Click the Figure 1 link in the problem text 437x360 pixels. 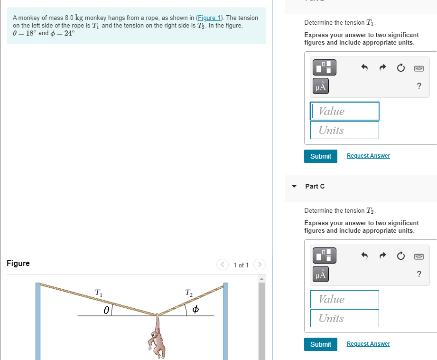tap(209, 18)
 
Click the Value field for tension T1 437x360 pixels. tap(344, 111)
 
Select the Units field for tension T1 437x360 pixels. tap(344, 130)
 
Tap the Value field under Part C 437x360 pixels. tap(344, 299)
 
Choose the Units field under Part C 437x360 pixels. tap(344, 318)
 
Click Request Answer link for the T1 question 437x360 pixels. tap(368, 156)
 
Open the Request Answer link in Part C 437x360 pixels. tap(368, 344)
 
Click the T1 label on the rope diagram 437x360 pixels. tap(98, 293)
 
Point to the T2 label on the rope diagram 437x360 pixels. tap(188, 293)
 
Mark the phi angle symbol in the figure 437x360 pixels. tap(195, 310)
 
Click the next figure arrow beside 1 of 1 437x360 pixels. tap(260, 264)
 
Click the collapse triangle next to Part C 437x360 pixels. tap(294, 186)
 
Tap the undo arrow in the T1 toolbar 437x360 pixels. tap(364, 68)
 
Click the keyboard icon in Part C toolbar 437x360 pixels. tap(418, 256)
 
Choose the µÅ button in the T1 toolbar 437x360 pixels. tap(321, 86)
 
